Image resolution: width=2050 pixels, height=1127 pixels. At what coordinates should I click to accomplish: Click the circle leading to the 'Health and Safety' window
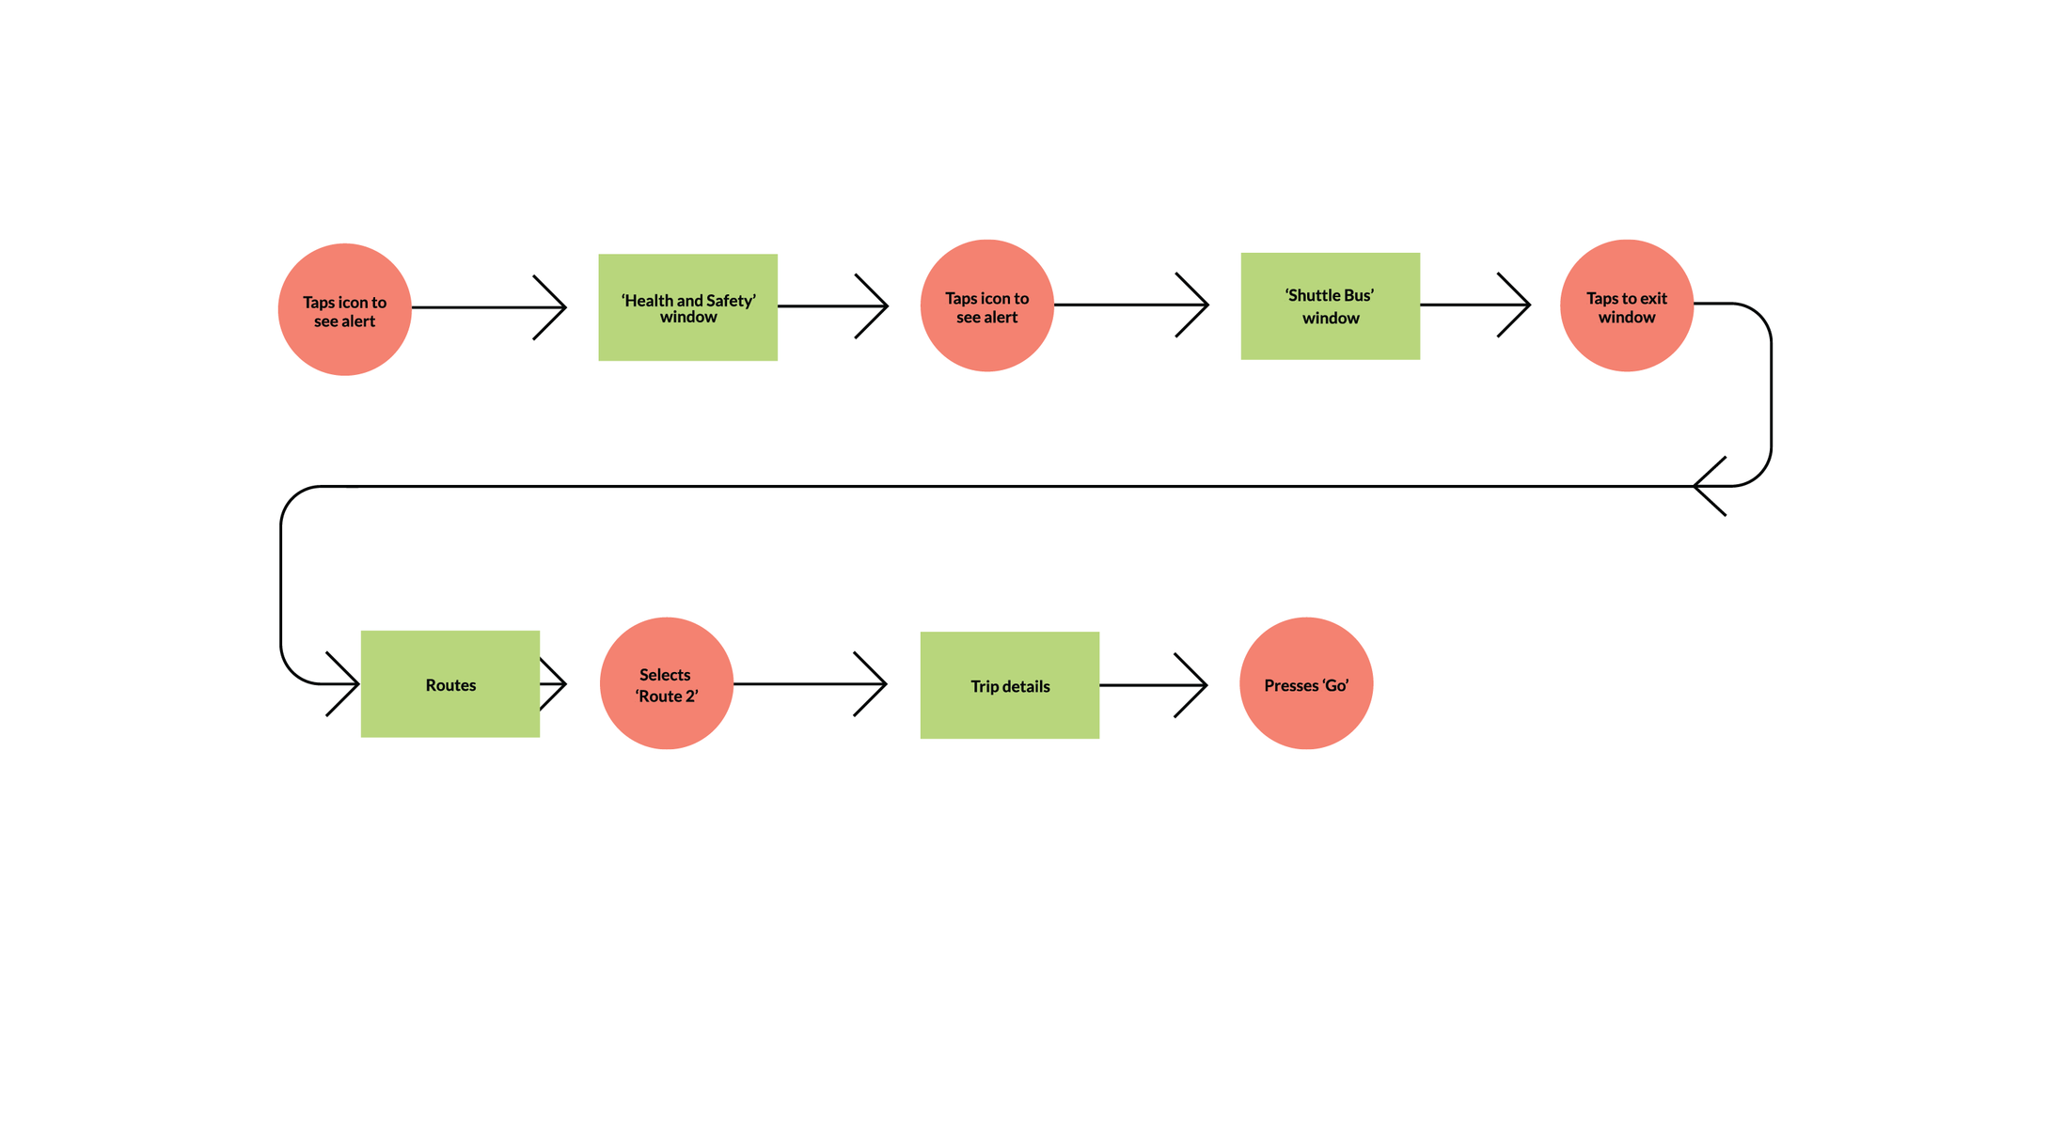click(345, 309)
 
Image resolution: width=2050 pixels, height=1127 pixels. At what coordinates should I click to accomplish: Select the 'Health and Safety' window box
click(688, 307)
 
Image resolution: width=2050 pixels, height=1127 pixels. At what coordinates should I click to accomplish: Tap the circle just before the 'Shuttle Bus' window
click(987, 305)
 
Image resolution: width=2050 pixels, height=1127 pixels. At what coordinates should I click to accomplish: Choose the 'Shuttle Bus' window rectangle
click(1331, 306)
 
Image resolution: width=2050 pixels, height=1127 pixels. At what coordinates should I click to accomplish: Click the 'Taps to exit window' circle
click(1627, 305)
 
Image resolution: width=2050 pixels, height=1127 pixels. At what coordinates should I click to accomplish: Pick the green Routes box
click(450, 684)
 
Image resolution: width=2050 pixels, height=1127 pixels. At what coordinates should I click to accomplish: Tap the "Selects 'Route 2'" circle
click(667, 683)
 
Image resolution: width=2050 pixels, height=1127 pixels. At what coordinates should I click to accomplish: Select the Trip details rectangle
click(1010, 685)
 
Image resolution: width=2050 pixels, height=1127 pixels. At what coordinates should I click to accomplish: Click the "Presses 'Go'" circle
click(1306, 683)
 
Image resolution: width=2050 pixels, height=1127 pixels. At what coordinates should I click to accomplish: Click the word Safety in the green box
click(732, 301)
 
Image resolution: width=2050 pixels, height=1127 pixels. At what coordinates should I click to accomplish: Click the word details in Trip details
click(1025, 686)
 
